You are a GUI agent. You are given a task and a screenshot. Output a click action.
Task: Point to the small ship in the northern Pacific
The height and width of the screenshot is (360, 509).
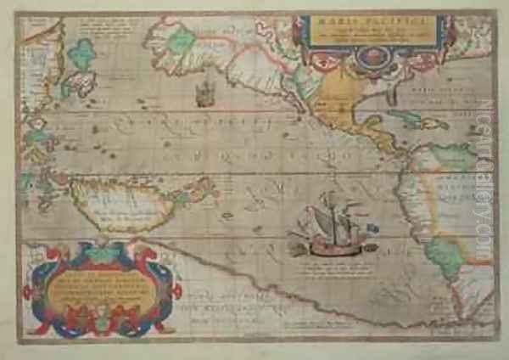(204, 93)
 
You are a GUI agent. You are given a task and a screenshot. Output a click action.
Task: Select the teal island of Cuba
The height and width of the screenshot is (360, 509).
(407, 119)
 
